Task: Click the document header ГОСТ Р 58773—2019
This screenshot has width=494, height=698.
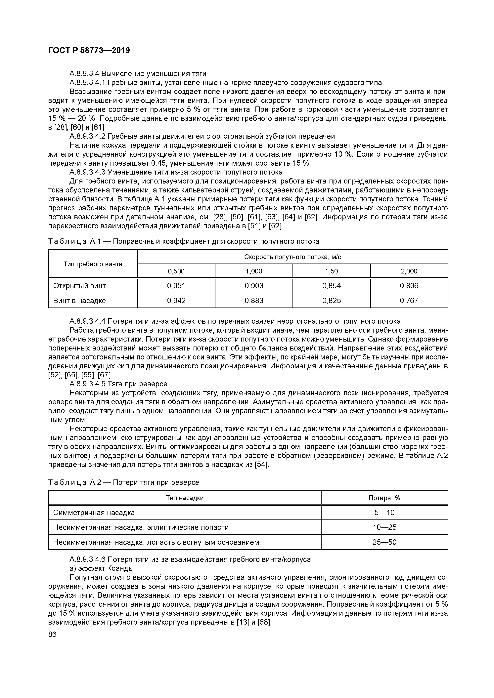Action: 89,51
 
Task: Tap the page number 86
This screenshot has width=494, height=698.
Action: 52,634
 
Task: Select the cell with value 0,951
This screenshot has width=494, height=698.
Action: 176,286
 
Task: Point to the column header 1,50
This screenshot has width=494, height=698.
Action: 331,271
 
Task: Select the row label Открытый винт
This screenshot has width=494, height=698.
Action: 79,286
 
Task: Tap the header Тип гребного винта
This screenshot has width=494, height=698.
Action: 93,264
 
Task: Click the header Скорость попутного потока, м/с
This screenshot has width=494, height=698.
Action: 293,257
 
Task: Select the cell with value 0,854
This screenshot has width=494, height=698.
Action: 331,286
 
